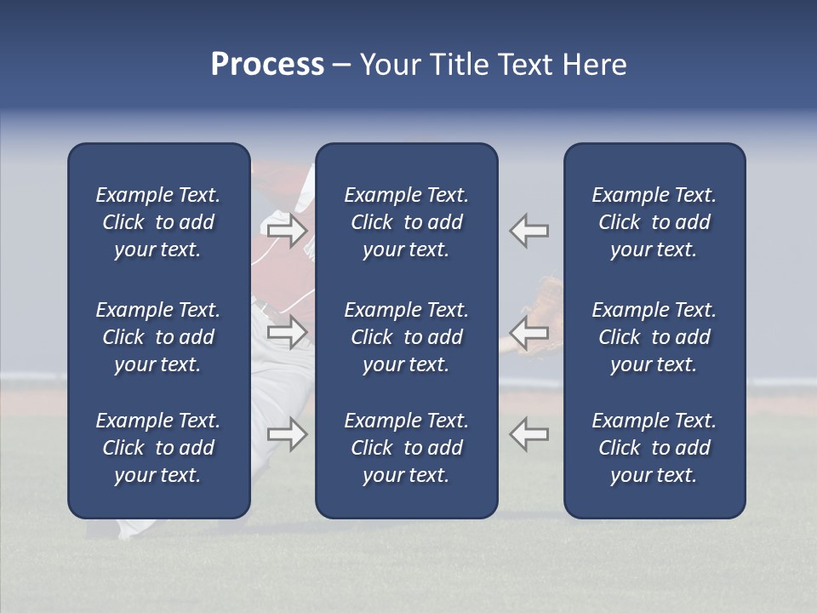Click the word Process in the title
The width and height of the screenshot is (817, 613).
(x=267, y=65)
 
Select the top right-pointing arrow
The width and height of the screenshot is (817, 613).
(x=287, y=230)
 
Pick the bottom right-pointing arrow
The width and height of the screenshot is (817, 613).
(x=287, y=434)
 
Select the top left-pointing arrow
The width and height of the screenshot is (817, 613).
(x=529, y=230)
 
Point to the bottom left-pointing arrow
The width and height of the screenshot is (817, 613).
(x=529, y=434)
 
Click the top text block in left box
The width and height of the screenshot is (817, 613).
(x=158, y=222)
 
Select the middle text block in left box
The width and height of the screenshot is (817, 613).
(x=158, y=337)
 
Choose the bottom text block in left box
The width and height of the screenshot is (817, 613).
(x=158, y=448)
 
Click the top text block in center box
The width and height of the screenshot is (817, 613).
(x=406, y=222)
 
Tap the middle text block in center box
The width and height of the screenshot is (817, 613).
(x=406, y=337)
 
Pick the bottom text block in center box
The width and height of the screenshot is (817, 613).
(x=406, y=448)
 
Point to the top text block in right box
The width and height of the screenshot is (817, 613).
(x=654, y=222)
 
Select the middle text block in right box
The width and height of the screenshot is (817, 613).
(x=654, y=337)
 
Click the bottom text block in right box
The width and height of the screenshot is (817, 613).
(x=654, y=448)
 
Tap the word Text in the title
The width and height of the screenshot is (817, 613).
(x=523, y=65)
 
